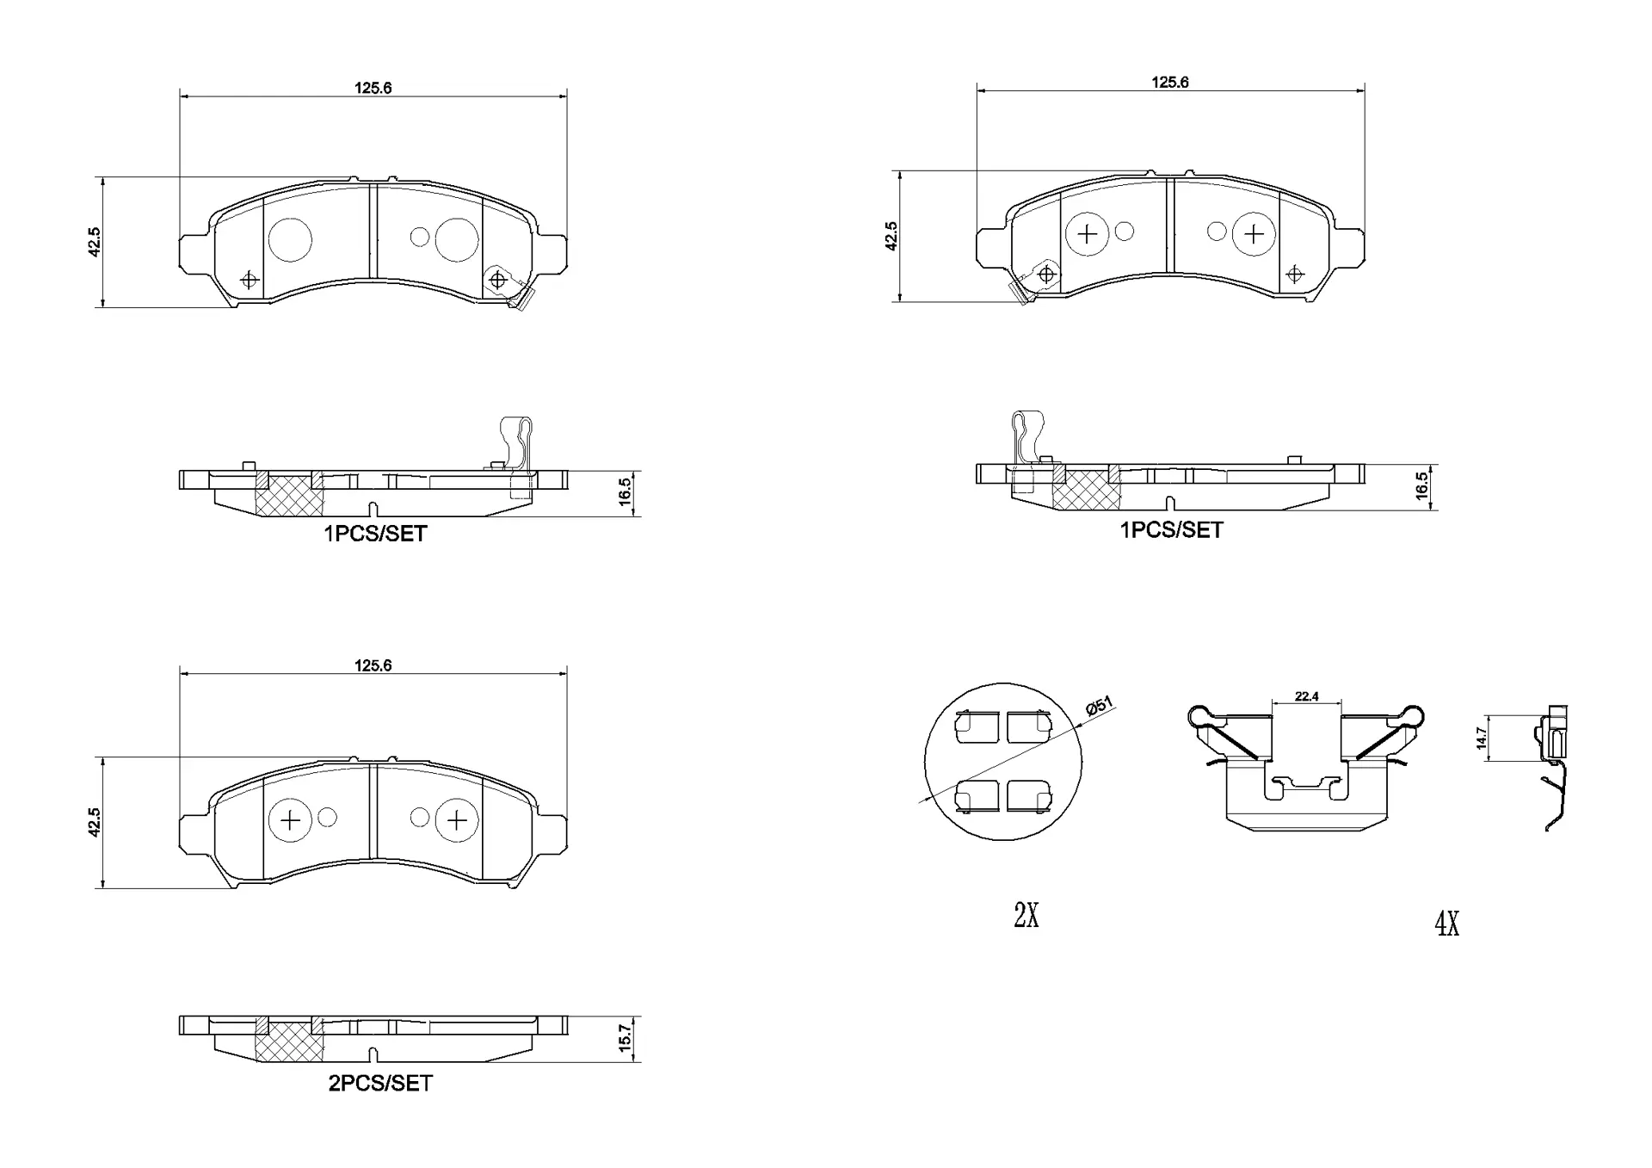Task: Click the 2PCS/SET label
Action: click(379, 1084)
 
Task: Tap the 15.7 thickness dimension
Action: click(626, 1036)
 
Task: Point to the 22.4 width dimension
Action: click(1306, 696)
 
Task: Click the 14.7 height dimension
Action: click(1481, 738)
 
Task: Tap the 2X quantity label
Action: click(1026, 916)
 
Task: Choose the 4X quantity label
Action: click(1447, 924)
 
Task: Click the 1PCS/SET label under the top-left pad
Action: click(375, 534)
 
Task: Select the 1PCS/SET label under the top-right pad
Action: click(1171, 530)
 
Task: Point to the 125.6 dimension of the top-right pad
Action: click(1170, 82)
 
